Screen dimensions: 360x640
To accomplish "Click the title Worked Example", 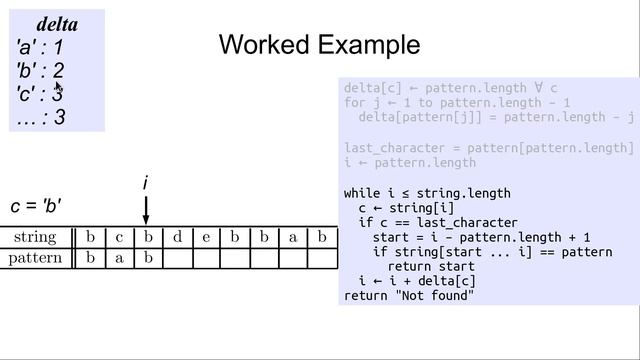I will pos(319,45).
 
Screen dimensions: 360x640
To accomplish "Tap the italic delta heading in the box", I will pos(57,24).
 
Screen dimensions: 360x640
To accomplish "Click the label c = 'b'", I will pos(37,206).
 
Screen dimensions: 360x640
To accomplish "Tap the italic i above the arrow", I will pos(146,183).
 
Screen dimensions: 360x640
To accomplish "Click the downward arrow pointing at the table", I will pos(146,210).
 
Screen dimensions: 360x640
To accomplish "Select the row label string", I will pos(35,238).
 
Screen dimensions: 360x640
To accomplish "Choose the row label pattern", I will pos(35,259).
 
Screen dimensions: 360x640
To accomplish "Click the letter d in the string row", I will pos(177,238).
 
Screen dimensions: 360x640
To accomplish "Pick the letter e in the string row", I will pos(206,238).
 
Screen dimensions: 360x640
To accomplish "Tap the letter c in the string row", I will pos(119,238).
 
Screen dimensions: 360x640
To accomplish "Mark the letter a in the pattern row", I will pos(119,259).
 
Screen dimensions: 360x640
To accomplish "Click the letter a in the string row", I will pos(293,238).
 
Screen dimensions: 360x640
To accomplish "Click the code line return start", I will pos(430,267).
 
